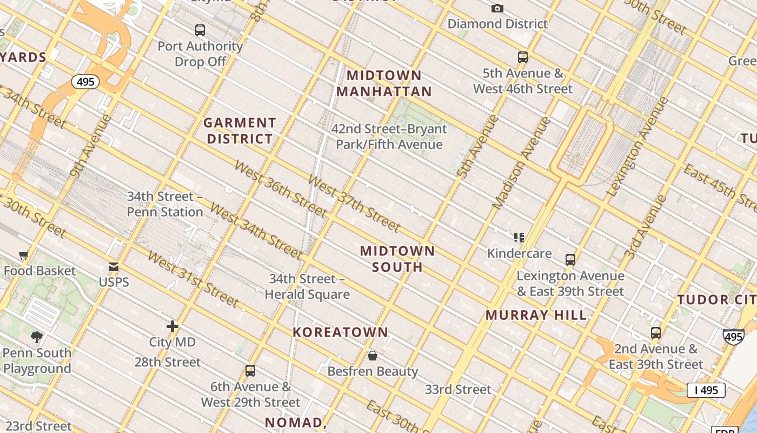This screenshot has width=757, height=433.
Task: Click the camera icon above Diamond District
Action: (x=497, y=8)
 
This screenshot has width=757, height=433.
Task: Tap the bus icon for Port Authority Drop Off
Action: (x=200, y=30)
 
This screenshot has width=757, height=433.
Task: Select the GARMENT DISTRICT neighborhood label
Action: (x=240, y=131)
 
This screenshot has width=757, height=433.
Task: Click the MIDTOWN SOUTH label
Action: (x=397, y=259)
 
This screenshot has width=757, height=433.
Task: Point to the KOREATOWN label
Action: (x=341, y=332)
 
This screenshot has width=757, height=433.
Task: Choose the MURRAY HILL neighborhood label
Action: (x=536, y=315)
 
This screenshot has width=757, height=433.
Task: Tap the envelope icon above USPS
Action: (x=114, y=266)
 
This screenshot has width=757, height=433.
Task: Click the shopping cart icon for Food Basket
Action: (x=23, y=255)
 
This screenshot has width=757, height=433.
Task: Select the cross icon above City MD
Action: (x=172, y=326)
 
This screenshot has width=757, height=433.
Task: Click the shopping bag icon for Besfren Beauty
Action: (x=373, y=356)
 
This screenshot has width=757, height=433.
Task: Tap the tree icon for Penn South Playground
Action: (x=37, y=337)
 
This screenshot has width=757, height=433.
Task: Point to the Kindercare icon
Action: (x=519, y=237)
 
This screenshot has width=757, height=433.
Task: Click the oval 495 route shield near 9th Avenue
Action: (x=85, y=82)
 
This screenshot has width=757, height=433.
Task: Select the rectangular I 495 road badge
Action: (x=706, y=390)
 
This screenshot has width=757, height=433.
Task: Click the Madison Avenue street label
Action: (x=521, y=163)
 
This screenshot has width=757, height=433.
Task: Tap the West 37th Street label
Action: (x=354, y=204)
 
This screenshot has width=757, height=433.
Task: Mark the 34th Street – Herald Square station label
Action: (x=307, y=287)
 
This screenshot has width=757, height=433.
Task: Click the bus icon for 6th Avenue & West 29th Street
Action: (x=250, y=371)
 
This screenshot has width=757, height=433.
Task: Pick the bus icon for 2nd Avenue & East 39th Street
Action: (x=656, y=333)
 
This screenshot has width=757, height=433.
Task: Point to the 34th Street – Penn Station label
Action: (x=165, y=204)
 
